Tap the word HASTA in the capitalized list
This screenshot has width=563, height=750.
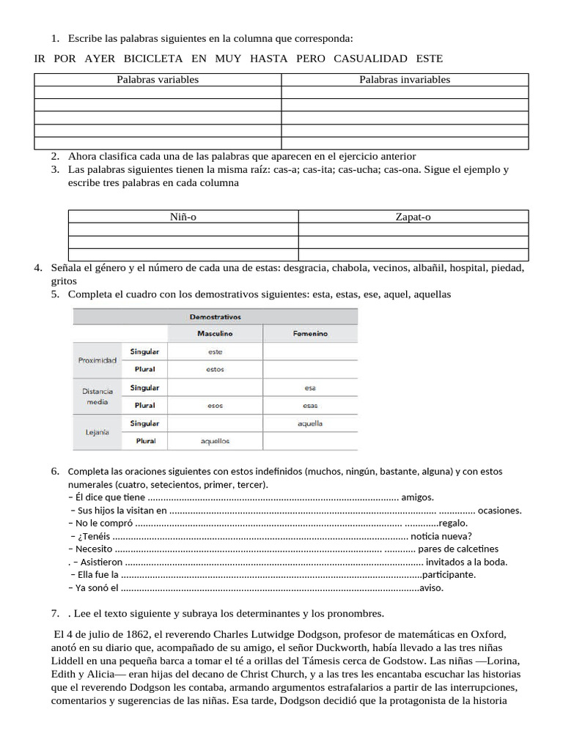point(268,59)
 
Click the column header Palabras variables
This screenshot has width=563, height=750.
point(157,80)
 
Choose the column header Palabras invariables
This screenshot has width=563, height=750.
point(405,80)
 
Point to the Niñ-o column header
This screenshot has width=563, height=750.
point(183,217)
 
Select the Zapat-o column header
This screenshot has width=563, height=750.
point(413,217)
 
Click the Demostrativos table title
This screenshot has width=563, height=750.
point(215,317)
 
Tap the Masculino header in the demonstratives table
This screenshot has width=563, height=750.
point(215,334)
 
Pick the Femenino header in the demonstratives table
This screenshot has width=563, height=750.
point(310,334)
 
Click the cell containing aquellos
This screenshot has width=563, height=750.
point(215,442)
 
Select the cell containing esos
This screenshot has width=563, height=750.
point(215,406)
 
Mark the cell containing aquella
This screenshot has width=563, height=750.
point(310,423)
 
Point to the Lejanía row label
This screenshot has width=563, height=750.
point(96,432)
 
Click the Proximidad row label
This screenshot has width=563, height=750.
point(97,360)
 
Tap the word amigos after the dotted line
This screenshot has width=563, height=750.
point(418,497)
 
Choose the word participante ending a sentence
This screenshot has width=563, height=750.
point(449,574)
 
